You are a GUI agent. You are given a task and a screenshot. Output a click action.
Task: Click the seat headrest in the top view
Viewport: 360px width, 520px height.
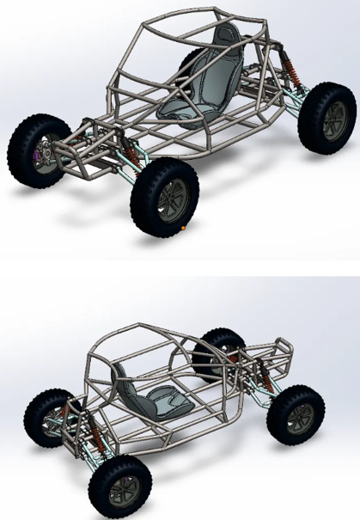point(227,39)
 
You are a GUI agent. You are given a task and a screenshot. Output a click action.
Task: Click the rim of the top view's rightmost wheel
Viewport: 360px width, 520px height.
point(333,120)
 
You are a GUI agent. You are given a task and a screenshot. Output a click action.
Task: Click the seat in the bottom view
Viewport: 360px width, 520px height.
point(146,395)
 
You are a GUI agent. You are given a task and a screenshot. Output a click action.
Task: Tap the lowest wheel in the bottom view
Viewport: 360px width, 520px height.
point(117,486)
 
